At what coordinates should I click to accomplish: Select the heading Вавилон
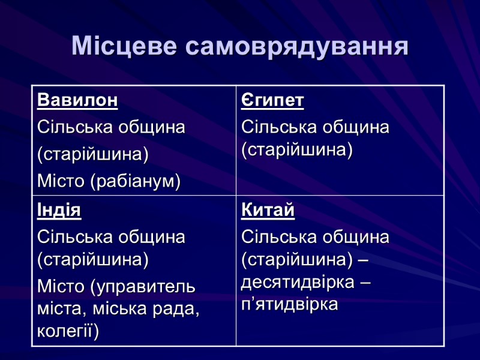tap(77, 100)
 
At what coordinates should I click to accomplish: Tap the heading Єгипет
tap(272, 100)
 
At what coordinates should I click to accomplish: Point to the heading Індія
tap(59, 211)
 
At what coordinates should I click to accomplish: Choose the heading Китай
tap(268, 211)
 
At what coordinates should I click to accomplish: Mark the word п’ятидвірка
tap(290, 304)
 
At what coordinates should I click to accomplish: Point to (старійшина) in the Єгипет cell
tap(296, 149)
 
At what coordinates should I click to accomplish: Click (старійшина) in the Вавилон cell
tap(92, 154)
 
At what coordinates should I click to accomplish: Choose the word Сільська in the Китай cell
tap(275, 237)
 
